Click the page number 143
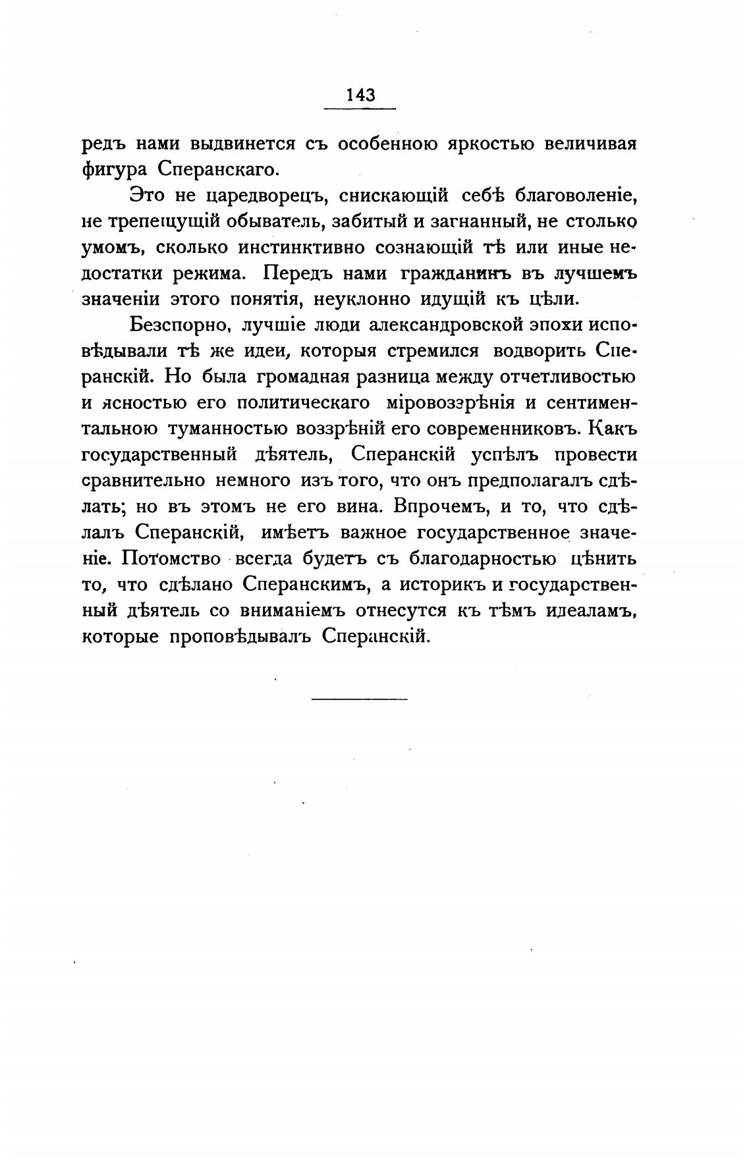[x=360, y=95]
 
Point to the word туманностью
[x=227, y=429]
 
